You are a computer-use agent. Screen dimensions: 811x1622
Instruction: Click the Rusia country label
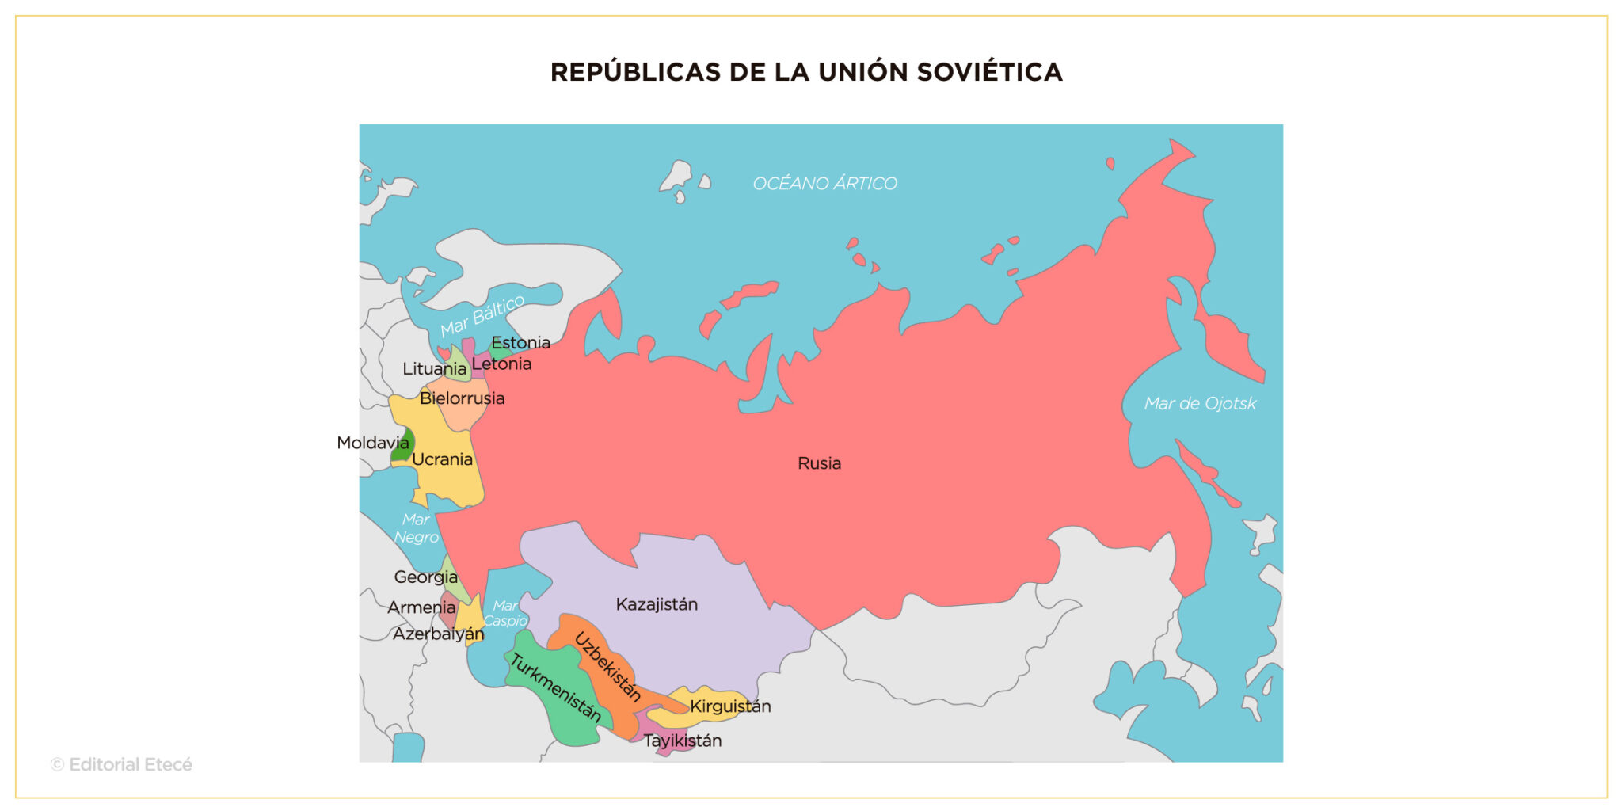(819, 463)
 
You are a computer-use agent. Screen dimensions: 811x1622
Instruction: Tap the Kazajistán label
(657, 604)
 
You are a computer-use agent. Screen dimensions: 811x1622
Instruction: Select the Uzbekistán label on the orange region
(607, 667)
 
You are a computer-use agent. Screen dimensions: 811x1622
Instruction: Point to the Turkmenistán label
(555, 688)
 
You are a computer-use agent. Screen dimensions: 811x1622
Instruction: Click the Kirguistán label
(730, 706)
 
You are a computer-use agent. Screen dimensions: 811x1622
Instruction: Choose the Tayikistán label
(683, 741)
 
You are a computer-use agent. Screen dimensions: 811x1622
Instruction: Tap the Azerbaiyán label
(438, 634)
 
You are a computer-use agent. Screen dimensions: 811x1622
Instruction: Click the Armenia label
(421, 607)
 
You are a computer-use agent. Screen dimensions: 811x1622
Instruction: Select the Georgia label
(425, 577)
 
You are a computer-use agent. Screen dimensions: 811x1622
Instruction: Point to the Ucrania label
(442, 459)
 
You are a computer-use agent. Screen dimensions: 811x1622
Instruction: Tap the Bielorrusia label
(462, 398)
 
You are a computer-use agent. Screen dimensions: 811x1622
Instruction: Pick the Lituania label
(434, 369)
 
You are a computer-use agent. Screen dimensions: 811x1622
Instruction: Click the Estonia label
(520, 343)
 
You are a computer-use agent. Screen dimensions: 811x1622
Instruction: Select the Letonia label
(501, 364)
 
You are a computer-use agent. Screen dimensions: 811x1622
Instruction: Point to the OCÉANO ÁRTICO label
(824, 184)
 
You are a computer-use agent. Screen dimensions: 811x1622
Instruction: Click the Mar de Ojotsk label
(1200, 404)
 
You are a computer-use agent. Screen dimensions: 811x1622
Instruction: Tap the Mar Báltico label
(482, 315)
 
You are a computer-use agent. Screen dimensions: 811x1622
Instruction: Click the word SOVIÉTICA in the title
(989, 72)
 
